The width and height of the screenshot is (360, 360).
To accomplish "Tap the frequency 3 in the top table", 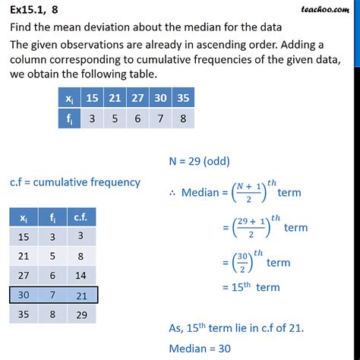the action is [90, 118].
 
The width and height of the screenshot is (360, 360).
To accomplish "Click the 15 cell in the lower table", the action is [24, 236].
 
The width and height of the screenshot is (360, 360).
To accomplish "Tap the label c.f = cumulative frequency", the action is [75, 182].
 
